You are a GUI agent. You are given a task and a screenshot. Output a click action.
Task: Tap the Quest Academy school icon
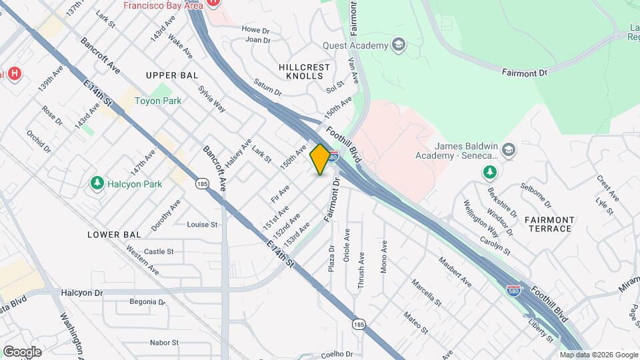pos(399,45)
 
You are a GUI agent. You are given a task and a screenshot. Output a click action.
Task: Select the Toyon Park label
pos(158,101)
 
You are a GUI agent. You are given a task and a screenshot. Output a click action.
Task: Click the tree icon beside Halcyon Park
pos(97,182)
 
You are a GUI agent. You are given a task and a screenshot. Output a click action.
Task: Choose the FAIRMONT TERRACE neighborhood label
pos(548,224)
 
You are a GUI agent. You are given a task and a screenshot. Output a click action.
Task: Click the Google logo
pos(22,352)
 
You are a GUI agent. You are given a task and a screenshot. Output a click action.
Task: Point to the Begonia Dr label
pos(147,301)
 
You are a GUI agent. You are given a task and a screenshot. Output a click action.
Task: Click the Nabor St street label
pos(164,343)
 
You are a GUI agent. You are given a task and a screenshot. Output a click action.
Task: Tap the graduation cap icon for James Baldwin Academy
pos(509,149)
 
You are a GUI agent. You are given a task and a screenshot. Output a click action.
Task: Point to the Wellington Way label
pos(481,219)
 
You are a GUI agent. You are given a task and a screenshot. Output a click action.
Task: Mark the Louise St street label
pos(202,225)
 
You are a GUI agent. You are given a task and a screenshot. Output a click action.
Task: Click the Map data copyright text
pos(598,355)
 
